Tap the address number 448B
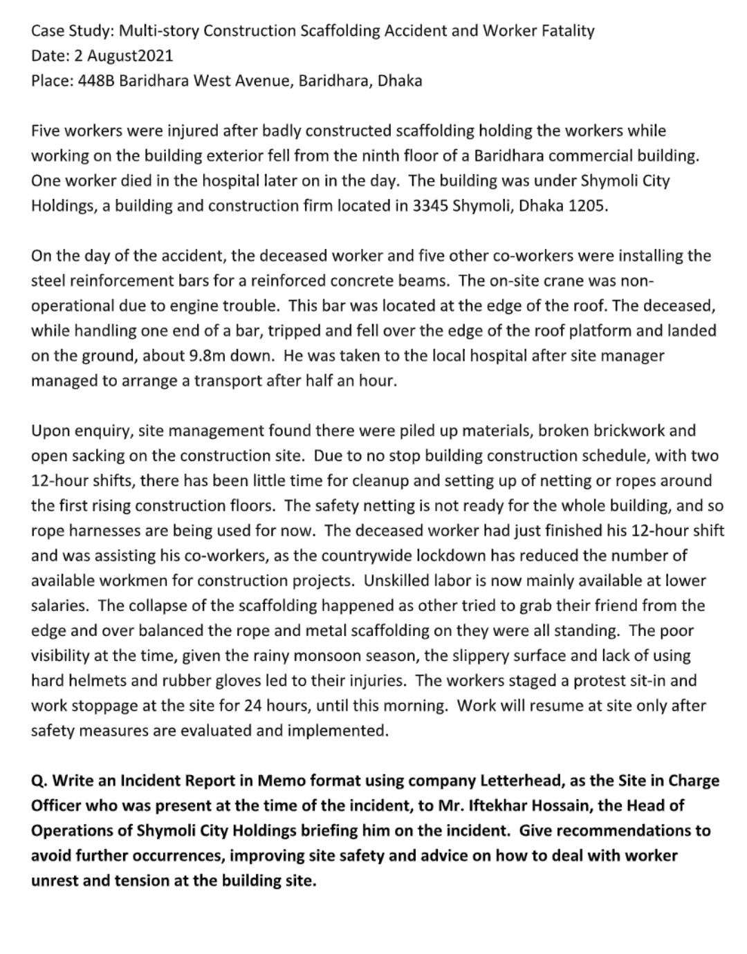(x=96, y=80)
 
